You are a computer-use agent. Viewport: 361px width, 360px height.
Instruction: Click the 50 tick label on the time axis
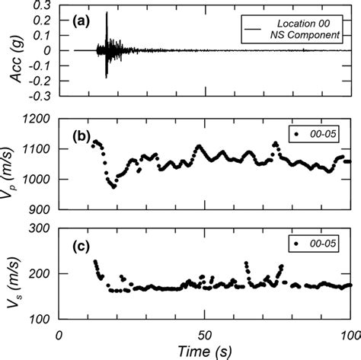point(205,333)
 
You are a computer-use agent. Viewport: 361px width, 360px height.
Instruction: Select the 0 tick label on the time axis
point(60,333)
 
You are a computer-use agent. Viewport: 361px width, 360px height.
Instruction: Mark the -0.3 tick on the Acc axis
point(41,97)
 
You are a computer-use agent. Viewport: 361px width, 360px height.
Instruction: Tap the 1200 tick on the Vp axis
point(39,119)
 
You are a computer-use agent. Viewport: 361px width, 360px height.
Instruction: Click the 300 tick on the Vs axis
point(42,228)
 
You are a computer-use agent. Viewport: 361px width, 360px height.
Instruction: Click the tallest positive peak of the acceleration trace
point(107,13)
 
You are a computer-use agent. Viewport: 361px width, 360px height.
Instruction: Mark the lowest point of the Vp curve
point(113,186)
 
